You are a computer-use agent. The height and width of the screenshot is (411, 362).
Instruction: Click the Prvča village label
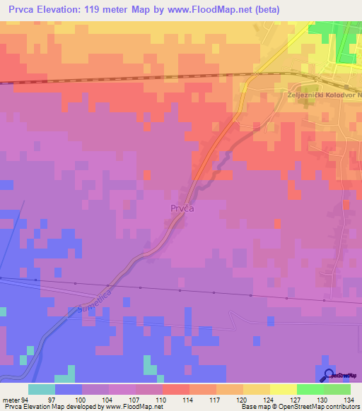pyautogui.click(x=182, y=209)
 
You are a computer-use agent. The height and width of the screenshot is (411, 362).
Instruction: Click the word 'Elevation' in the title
pyautogui.click(x=62, y=10)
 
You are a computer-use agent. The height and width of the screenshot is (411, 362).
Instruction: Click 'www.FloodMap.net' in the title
pyautogui.click(x=206, y=10)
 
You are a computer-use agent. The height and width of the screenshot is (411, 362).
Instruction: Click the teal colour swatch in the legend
pyautogui.click(x=42, y=389)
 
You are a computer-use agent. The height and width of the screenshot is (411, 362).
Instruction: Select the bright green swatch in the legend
pyautogui.click(x=310, y=389)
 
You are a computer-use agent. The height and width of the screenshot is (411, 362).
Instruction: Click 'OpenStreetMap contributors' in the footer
pyautogui.click(x=321, y=407)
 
